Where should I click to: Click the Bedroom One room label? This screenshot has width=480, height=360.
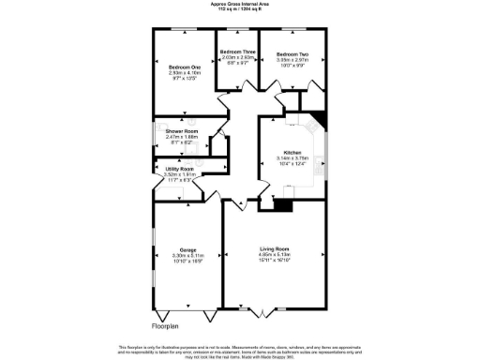185,67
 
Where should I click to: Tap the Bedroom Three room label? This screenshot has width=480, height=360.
236,52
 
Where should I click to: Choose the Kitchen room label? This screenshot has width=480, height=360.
292,152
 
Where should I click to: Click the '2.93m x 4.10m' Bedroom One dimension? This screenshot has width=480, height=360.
185,73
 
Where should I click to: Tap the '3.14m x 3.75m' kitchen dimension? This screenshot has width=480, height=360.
292,158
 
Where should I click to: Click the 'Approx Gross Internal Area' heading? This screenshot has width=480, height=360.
240,4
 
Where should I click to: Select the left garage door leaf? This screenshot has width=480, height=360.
167,312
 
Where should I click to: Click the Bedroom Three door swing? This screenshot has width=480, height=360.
225,95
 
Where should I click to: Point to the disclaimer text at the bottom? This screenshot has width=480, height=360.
240,350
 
